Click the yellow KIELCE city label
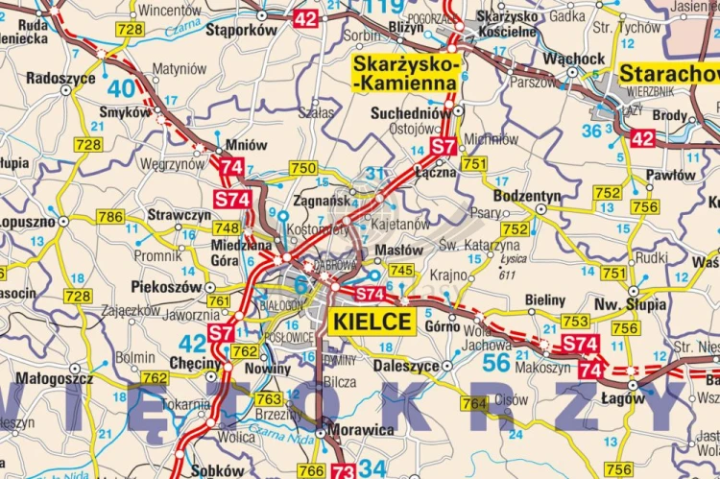coord(372,322)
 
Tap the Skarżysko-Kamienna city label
coord(404,73)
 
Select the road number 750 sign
coord(302,168)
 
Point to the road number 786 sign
coord(110,217)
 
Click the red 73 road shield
coord(343,471)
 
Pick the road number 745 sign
coord(401,270)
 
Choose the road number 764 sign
coord(473,404)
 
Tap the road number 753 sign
coord(576,322)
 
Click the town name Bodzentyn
coord(526,196)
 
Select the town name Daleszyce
coord(405,366)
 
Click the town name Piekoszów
coord(167,286)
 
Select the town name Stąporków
coord(241,30)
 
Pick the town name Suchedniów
coord(409,112)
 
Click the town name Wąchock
coord(574,59)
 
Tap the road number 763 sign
coord(269,398)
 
